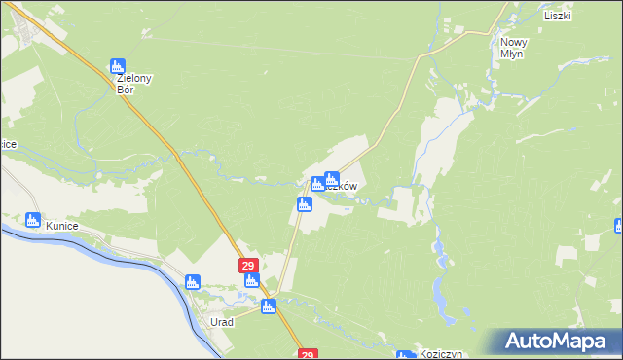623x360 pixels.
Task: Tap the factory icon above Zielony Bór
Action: [x=119, y=66]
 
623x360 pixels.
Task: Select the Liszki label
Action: [x=558, y=17]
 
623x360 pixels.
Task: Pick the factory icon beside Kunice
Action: [x=33, y=220]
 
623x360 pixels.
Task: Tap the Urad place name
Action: [x=222, y=322]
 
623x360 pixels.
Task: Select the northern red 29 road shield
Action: [x=248, y=266]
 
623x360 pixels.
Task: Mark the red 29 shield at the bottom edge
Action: [x=308, y=355]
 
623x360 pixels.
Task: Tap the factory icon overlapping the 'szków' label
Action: [x=331, y=179]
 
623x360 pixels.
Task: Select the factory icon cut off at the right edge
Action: [x=619, y=226]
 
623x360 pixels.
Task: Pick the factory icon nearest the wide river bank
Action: [x=193, y=282]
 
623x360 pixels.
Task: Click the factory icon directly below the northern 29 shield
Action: [x=252, y=282]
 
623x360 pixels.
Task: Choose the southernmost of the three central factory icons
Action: [x=305, y=204]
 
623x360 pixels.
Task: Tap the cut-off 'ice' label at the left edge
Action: [x=8, y=144]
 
